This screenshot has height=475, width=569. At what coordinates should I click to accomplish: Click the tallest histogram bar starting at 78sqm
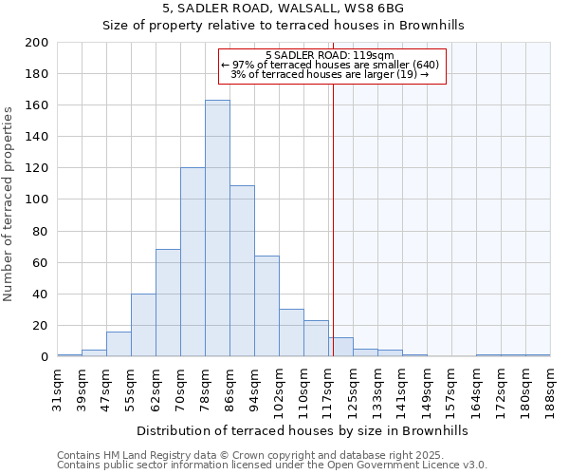click(217, 228)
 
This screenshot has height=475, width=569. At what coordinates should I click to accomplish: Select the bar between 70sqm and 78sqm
click(193, 262)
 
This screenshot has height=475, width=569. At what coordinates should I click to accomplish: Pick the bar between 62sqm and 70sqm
click(168, 303)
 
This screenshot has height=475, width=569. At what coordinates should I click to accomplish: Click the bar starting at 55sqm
click(143, 325)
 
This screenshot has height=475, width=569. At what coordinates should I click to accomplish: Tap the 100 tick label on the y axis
click(36, 199)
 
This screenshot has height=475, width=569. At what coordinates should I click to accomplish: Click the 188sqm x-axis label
click(551, 388)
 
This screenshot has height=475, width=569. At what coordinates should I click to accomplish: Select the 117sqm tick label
click(329, 388)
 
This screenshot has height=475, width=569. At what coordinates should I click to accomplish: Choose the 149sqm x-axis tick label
click(428, 388)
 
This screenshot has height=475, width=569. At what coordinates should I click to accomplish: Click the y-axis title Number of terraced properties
click(9, 203)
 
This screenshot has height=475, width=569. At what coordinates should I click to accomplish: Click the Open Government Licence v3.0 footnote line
click(272, 465)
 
